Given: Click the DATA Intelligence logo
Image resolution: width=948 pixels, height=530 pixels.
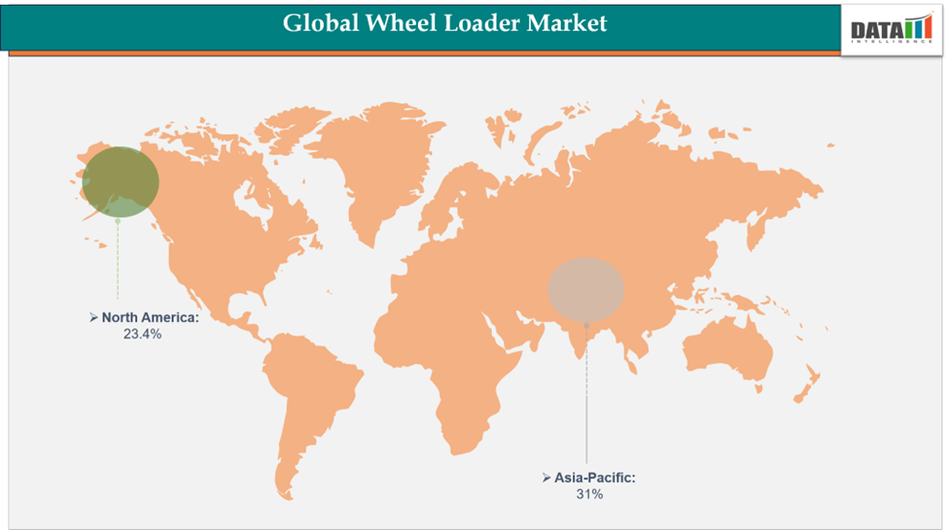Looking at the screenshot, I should (x=892, y=29).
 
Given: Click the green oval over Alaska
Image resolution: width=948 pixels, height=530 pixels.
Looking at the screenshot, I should (x=120, y=182).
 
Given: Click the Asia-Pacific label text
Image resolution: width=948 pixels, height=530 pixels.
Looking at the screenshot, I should (x=595, y=478).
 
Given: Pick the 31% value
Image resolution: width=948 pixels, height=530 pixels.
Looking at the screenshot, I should (x=589, y=494).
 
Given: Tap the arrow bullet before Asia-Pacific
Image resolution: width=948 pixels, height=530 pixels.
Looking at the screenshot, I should (x=546, y=478).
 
